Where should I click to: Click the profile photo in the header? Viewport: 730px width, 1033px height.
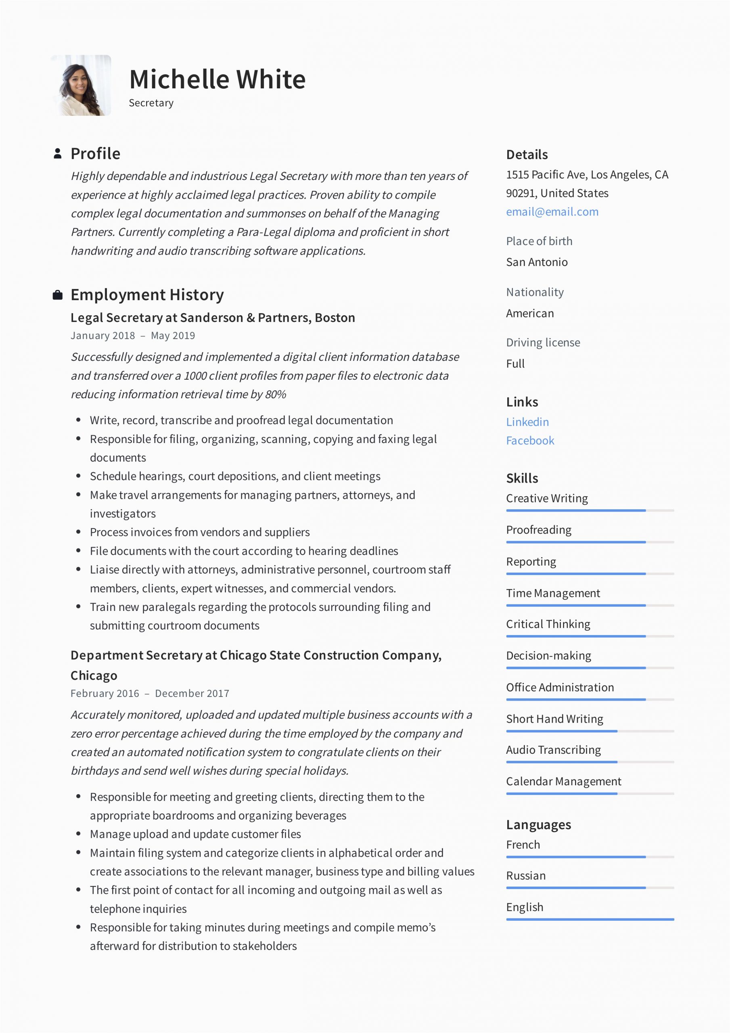pyautogui.click(x=81, y=86)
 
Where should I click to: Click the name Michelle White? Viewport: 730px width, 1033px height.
pyautogui.click(x=218, y=79)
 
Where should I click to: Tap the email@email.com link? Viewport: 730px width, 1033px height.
pyautogui.click(x=552, y=212)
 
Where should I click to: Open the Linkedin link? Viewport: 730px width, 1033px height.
pyautogui.click(x=527, y=422)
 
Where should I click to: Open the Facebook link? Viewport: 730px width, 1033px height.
pyautogui.click(x=530, y=441)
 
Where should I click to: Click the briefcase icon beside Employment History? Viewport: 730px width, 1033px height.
pyautogui.click(x=58, y=295)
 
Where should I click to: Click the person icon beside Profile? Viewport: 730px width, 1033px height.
pyautogui.click(x=58, y=153)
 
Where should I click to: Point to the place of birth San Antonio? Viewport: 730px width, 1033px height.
pyautogui.click(x=537, y=262)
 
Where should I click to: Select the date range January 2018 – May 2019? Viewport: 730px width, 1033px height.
pyautogui.click(x=133, y=336)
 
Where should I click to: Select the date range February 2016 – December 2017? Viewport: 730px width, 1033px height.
pyautogui.click(x=150, y=693)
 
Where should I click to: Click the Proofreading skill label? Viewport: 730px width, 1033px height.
pyautogui.click(x=539, y=530)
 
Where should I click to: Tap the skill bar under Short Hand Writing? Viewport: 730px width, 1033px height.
pyautogui.click(x=590, y=731)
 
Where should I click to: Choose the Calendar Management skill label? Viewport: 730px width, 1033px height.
pyautogui.click(x=563, y=782)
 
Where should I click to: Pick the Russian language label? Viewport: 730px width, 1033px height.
pyautogui.click(x=526, y=876)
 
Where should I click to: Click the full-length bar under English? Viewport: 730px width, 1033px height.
pyautogui.click(x=590, y=920)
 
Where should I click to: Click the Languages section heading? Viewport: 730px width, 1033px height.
pyautogui.click(x=538, y=825)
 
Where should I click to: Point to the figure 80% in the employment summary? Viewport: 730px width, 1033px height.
pyautogui.click(x=276, y=395)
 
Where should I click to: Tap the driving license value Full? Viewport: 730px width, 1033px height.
pyautogui.click(x=515, y=364)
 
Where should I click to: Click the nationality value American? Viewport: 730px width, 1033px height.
pyautogui.click(x=530, y=313)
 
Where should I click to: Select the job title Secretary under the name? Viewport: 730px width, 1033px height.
pyautogui.click(x=151, y=103)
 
